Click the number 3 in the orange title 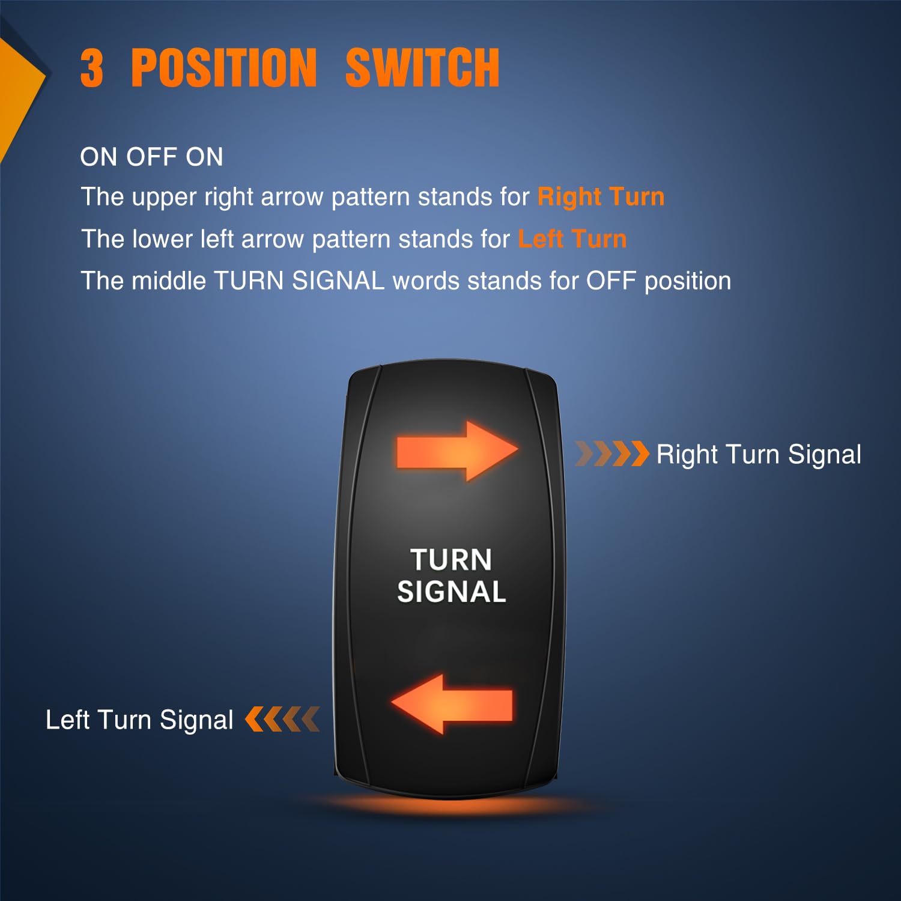[92, 68]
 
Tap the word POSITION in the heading [223, 68]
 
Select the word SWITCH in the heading [422, 68]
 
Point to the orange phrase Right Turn [601, 197]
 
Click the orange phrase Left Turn [572, 239]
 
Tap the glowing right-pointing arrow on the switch [457, 450]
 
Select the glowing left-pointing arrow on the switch [452, 704]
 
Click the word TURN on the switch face [452, 560]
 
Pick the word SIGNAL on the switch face [452, 592]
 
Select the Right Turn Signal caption [759, 455]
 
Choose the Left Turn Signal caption [139, 720]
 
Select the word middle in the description [168, 281]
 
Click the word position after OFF [688, 281]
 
